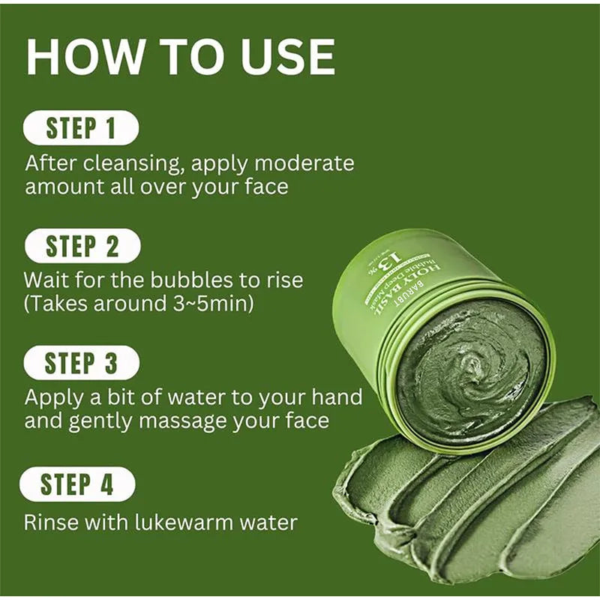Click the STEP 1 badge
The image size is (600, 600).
coord(81,127)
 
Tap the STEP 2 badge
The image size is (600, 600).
coord(81,246)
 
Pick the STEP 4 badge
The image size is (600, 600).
coord(77,484)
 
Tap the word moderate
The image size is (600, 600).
coord(303,163)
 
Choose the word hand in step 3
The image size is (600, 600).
coord(337,396)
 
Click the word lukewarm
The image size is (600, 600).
coord(187,522)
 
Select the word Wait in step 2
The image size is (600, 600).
coord(46,280)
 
